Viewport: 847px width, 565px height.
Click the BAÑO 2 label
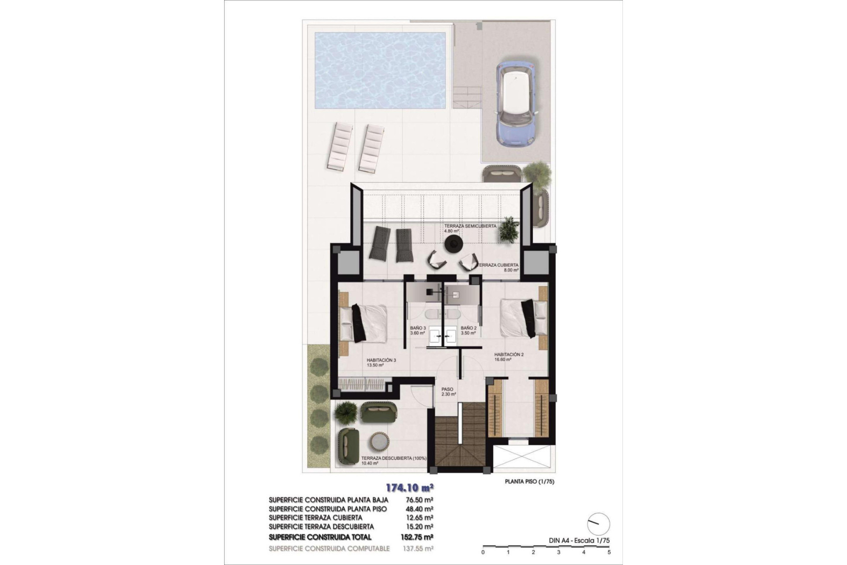pyautogui.click(x=468, y=328)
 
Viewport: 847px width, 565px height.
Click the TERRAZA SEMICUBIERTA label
pyautogui.click(x=470, y=226)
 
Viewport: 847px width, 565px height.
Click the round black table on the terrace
pyautogui.click(x=453, y=243)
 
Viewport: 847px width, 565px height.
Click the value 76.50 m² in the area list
pyautogui.click(x=419, y=500)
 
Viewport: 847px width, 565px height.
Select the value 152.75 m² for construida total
pyautogui.click(x=419, y=537)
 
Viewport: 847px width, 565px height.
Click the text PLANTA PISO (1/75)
pyautogui.click(x=529, y=482)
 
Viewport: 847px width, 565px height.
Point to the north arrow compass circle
pyautogui.click(x=599, y=524)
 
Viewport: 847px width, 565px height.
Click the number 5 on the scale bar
pyautogui.click(x=609, y=552)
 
